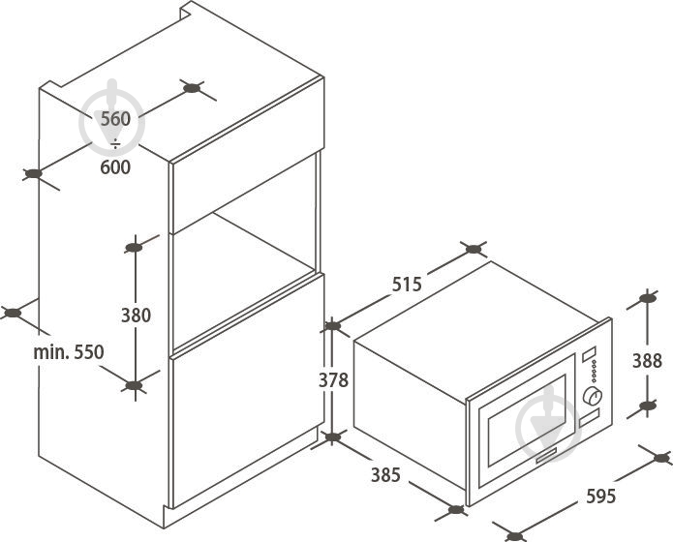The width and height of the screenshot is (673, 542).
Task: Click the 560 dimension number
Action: pyautogui.click(x=115, y=119)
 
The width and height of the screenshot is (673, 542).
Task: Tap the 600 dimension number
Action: pyautogui.click(x=115, y=166)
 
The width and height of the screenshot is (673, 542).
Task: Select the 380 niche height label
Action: pyautogui.click(x=136, y=316)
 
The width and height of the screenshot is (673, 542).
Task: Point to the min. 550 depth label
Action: pyautogui.click(x=69, y=352)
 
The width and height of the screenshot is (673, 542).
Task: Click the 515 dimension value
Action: pyautogui.click(x=407, y=285)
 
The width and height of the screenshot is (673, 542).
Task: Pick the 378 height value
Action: pyautogui.click(x=333, y=380)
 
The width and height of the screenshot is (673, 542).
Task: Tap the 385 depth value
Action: pyautogui.click(x=385, y=475)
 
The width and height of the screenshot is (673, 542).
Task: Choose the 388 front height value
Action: pyautogui.click(x=647, y=361)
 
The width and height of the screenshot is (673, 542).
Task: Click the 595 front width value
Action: pyautogui.click(x=601, y=497)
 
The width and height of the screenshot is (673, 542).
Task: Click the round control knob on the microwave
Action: pyautogui.click(x=592, y=397)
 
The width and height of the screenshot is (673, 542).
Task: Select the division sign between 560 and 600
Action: pyautogui.click(x=115, y=144)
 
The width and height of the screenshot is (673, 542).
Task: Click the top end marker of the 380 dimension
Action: pyautogui.click(x=134, y=247)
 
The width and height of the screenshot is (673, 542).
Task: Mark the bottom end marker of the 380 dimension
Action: pyautogui.click(x=134, y=386)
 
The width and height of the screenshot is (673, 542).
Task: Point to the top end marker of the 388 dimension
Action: pyautogui.click(x=647, y=298)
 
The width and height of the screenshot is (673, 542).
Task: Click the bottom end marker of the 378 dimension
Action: pyautogui.click(x=333, y=437)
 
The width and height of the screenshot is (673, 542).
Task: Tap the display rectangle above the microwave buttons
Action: pyautogui.click(x=590, y=354)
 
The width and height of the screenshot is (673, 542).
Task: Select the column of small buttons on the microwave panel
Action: pyautogui.click(x=595, y=372)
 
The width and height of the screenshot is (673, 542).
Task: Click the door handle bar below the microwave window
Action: pyautogui.click(x=544, y=455)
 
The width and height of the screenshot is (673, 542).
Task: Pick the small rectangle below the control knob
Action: pyautogui.click(x=590, y=417)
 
